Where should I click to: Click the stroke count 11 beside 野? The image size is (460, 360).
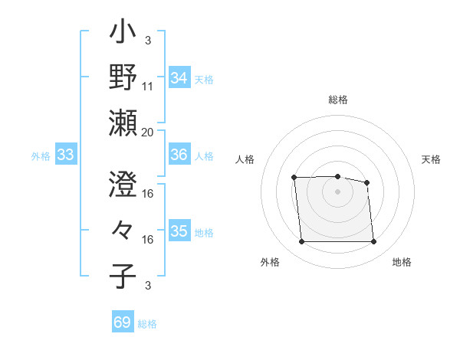click(148, 87)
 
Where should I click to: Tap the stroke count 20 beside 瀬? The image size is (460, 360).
click(148, 132)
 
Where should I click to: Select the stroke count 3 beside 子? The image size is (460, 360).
click(148, 286)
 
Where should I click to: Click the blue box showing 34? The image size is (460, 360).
click(179, 77)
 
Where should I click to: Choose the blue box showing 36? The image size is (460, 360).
click(179, 155)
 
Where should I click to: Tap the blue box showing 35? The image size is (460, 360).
click(179, 231)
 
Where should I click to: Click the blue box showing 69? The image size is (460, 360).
click(123, 322)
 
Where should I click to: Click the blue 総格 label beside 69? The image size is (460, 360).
click(147, 324)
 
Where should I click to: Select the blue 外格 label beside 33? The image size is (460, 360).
click(41, 156)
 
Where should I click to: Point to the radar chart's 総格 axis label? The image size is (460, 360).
click(338, 100)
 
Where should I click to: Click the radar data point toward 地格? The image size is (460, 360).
click(373, 242)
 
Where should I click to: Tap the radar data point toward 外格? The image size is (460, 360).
click(301, 242)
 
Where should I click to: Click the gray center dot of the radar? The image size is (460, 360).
click(337, 191)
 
